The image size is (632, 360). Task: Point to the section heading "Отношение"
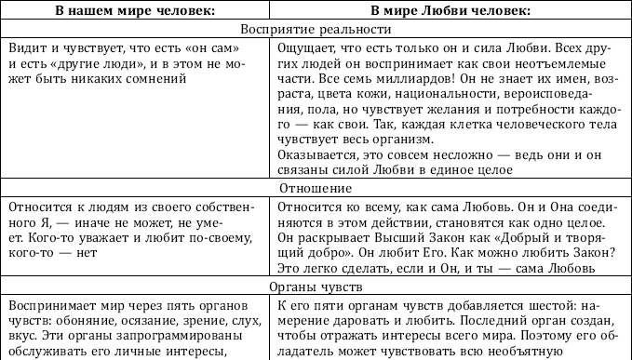pos(316,186)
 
